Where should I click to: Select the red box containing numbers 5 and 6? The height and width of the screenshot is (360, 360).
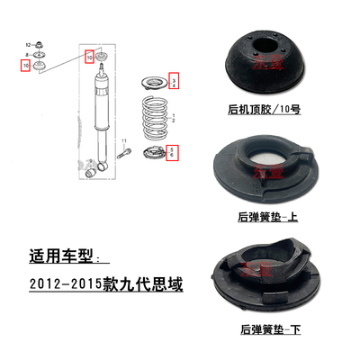tap(174, 153)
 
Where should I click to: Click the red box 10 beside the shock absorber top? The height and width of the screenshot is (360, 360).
tap(88, 57)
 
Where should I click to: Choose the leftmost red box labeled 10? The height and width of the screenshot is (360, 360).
tap(27, 66)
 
